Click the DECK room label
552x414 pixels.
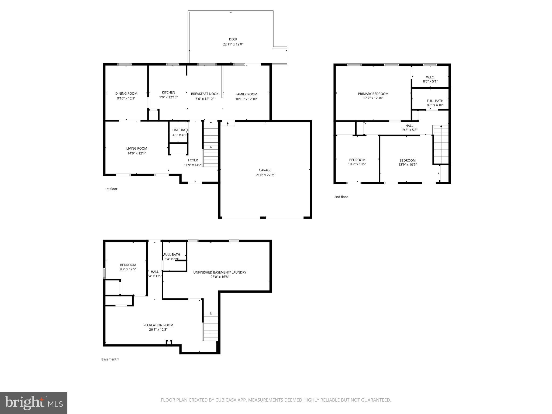pyautogui.click(x=233, y=39)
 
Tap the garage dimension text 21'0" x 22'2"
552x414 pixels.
pyautogui.click(x=265, y=175)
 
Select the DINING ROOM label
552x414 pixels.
pyautogui.click(x=126, y=94)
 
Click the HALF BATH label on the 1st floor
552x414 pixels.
pyautogui.click(x=181, y=130)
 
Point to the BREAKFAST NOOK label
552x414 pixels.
pyautogui.click(x=205, y=94)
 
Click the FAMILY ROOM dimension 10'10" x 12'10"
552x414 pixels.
pyautogui.click(x=246, y=99)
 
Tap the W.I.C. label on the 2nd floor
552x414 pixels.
pyautogui.click(x=430, y=77)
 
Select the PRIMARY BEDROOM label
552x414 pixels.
pyautogui.click(x=373, y=94)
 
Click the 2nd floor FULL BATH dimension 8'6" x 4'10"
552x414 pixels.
pyautogui.click(x=435, y=105)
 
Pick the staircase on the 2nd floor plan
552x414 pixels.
pyautogui.click(x=441, y=144)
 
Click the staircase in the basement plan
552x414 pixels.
pyautogui.click(x=211, y=327)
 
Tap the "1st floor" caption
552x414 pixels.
pyautogui.click(x=111, y=189)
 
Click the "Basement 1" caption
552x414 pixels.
pyautogui.click(x=110, y=359)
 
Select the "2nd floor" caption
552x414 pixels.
pyautogui.click(x=341, y=197)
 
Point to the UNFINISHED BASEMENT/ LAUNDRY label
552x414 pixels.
pyautogui.click(x=220, y=272)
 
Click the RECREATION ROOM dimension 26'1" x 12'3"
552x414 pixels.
pyautogui.click(x=158, y=329)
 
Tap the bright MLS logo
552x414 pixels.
pyautogui.click(x=34, y=403)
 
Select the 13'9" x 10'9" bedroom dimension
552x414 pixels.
pyautogui.click(x=408, y=164)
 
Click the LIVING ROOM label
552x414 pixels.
pyautogui.click(x=137, y=149)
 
